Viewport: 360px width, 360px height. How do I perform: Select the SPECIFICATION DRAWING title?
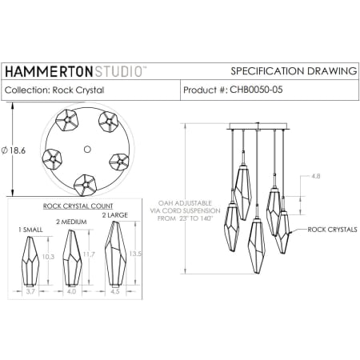[293, 71]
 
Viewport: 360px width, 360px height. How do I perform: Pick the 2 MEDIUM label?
[71, 222]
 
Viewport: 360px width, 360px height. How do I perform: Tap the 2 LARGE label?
[114, 214]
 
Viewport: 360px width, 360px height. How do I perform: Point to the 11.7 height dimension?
[87, 254]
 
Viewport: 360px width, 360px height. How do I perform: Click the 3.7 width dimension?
[30, 294]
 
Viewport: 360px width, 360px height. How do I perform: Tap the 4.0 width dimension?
[71, 294]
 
